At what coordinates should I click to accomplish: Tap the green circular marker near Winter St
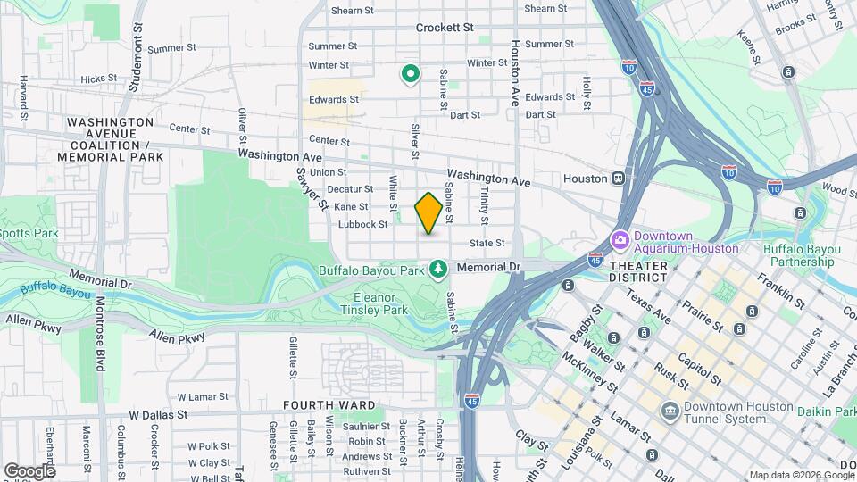(410, 74)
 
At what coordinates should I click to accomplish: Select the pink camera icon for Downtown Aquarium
(620, 240)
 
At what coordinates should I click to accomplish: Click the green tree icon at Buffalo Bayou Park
(437, 268)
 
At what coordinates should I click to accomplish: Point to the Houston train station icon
(617, 179)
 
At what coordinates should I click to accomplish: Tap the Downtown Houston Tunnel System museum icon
(670, 411)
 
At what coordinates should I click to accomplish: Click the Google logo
(29, 470)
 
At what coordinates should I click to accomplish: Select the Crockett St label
(445, 28)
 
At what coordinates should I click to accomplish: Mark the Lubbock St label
(363, 225)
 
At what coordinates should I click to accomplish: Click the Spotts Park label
(29, 233)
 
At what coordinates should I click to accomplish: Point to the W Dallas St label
(158, 415)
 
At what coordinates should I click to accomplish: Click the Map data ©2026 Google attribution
(800, 475)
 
